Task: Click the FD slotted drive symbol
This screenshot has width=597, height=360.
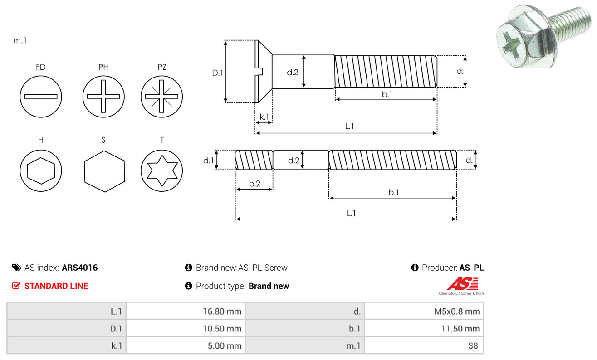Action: coord(41,97)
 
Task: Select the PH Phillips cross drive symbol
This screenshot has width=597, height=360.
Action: coord(103,97)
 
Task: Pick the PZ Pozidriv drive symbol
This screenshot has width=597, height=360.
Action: coord(161,97)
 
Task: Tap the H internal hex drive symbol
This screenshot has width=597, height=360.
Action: coord(41,170)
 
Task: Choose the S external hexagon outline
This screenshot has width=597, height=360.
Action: coord(104,170)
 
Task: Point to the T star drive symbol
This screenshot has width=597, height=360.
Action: coord(161,170)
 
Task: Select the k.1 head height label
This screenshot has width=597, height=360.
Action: coord(264,117)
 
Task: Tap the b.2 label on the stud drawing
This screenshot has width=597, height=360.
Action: coord(254,184)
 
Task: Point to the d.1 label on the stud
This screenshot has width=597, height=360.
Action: coord(208,160)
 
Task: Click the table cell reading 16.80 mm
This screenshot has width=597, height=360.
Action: coord(186,311)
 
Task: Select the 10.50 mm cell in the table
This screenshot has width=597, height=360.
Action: coord(186,328)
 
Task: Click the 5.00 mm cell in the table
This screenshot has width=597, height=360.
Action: coord(186,345)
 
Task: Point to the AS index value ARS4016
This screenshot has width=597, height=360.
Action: coord(80,268)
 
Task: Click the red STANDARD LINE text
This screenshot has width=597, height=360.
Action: coord(56,286)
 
